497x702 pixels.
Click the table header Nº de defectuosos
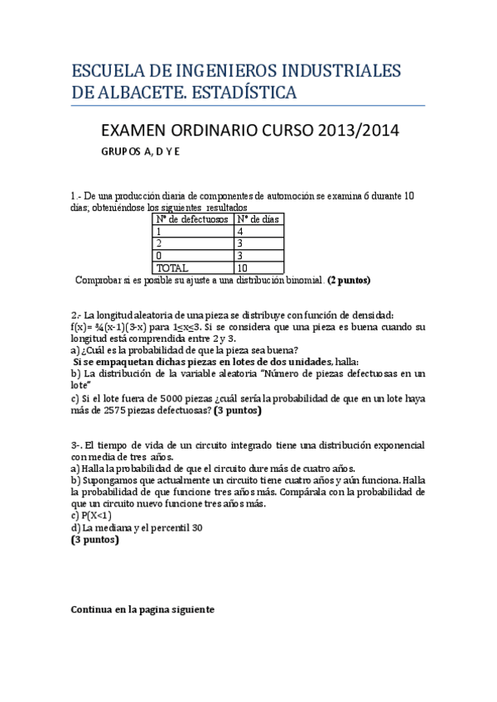pos(192,219)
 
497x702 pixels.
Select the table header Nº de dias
pos(258,219)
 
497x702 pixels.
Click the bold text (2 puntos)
pos(350,281)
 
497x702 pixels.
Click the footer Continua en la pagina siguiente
pos(143,609)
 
